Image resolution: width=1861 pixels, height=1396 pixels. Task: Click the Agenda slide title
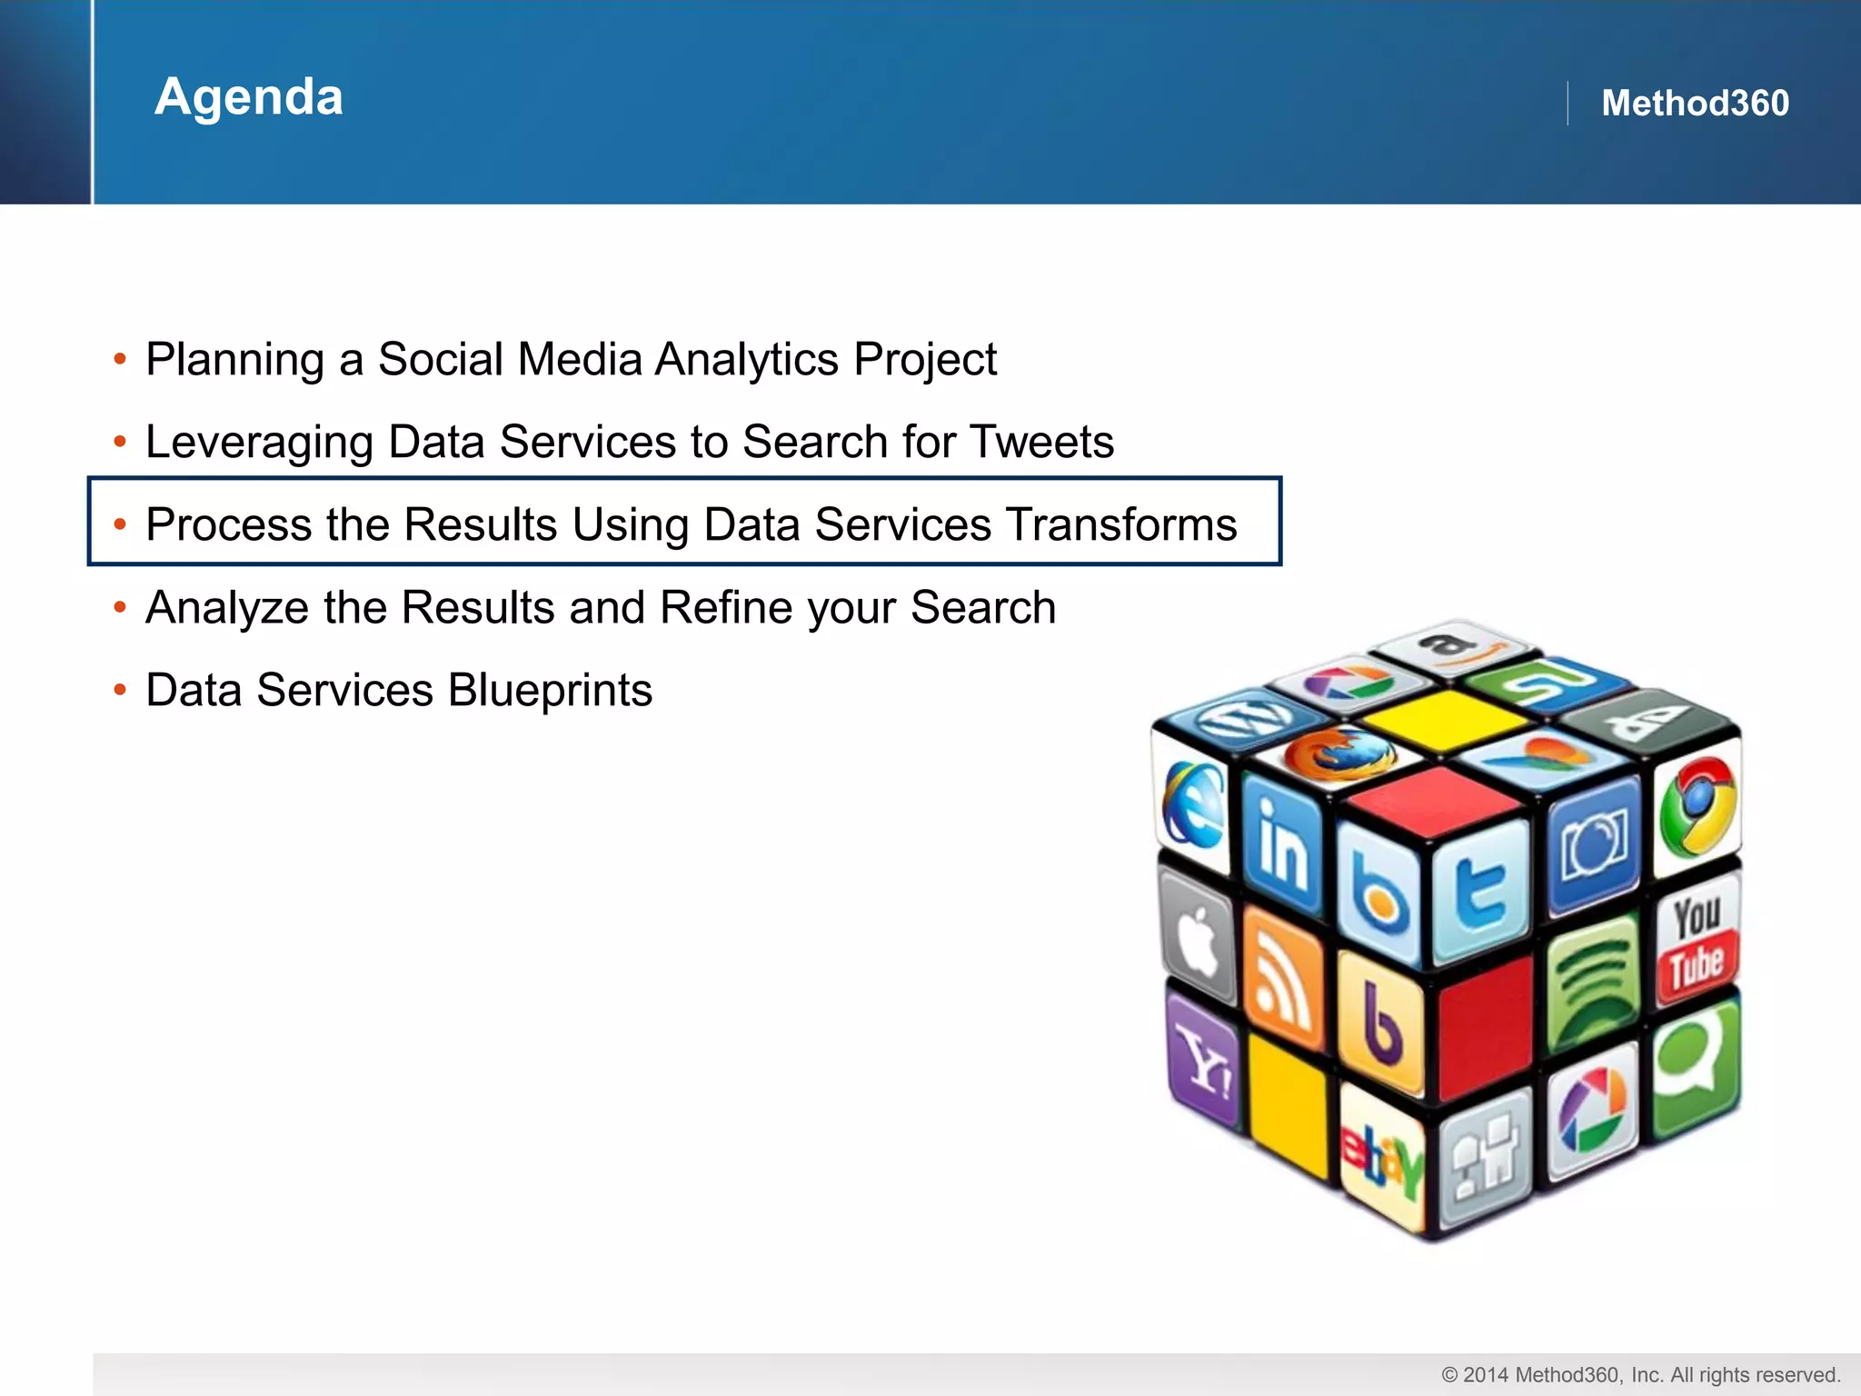point(248,96)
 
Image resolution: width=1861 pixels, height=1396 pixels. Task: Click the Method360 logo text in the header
point(1694,103)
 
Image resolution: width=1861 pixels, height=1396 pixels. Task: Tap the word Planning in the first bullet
point(234,360)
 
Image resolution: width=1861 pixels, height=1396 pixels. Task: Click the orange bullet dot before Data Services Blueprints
point(120,690)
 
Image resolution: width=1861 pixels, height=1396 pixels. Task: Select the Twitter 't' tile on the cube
point(1481,892)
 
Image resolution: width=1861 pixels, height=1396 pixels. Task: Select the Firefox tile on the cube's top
point(1339,753)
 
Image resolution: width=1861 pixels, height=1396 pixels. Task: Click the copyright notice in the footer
point(1640,1375)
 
